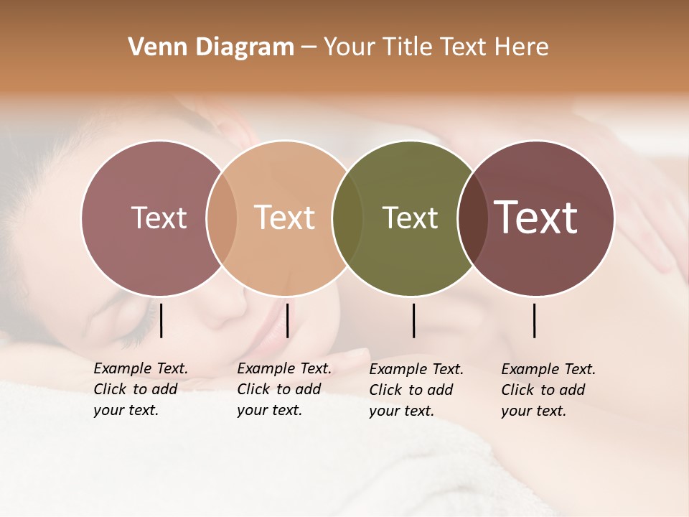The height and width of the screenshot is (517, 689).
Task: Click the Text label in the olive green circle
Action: pyautogui.click(x=410, y=218)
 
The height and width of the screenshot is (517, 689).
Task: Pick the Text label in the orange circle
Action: pyautogui.click(x=284, y=218)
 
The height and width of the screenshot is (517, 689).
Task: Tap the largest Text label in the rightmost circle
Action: pyautogui.click(x=535, y=218)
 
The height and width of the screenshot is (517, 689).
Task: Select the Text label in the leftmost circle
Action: pyautogui.click(x=159, y=218)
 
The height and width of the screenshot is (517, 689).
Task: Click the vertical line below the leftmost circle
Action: pyautogui.click(x=161, y=320)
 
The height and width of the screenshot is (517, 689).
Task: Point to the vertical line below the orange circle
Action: pyautogui.click(x=287, y=320)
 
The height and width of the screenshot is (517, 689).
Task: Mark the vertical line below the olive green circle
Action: pyautogui.click(x=414, y=320)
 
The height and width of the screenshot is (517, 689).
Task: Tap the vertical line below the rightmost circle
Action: pyautogui.click(x=535, y=320)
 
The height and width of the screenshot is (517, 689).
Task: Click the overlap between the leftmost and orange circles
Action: pyautogui.click(x=222, y=218)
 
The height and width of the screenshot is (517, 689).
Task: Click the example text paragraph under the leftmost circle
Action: pyautogui.click(x=140, y=389)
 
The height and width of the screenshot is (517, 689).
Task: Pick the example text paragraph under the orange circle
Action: pyautogui.click(x=283, y=389)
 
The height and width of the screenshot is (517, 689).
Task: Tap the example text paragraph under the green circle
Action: pyautogui.click(x=416, y=390)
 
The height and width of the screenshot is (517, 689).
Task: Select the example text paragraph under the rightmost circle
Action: pyautogui.click(x=548, y=390)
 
